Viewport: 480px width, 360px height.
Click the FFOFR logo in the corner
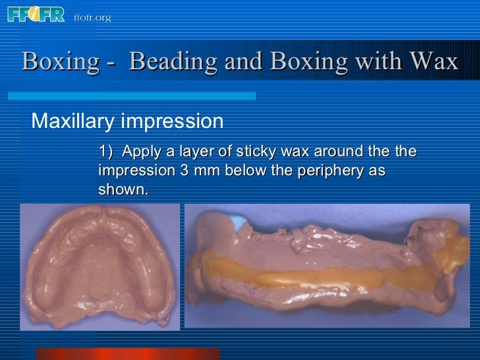point(36,14)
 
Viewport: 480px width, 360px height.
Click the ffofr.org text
point(92,18)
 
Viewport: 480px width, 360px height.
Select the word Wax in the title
point(433,61)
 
